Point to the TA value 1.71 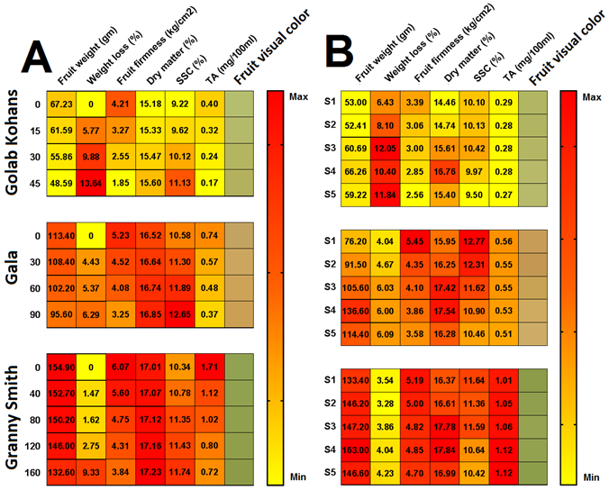[209, 367]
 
